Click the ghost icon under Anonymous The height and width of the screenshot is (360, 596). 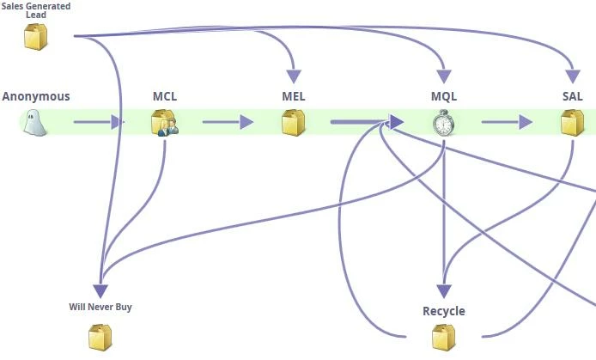[34, 123]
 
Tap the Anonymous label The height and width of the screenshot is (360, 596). [36, 96]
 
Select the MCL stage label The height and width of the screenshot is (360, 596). [165, 96]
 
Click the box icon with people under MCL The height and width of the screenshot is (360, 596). [164, 123]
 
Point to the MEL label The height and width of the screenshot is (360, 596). [294, 96]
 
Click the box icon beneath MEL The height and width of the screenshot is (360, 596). [294, 123]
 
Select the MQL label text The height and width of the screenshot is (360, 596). [444, 96]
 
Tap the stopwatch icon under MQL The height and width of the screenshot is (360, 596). [443, 123]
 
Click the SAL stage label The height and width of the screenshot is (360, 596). [573, 96]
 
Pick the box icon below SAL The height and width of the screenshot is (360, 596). [573, 123]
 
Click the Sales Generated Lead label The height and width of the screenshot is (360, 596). [36, 10]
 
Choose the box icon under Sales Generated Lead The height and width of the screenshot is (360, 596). [36, 37]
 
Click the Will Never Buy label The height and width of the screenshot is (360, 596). [100, 307]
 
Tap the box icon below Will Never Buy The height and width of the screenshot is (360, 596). [100, 337]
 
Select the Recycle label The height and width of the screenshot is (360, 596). [444, 311]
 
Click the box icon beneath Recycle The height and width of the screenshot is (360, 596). [444, 337]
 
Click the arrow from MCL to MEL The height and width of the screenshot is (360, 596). [228, 123]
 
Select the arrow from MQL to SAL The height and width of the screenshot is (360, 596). [507, 123]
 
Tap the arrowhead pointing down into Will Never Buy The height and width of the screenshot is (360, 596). [101, 290]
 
